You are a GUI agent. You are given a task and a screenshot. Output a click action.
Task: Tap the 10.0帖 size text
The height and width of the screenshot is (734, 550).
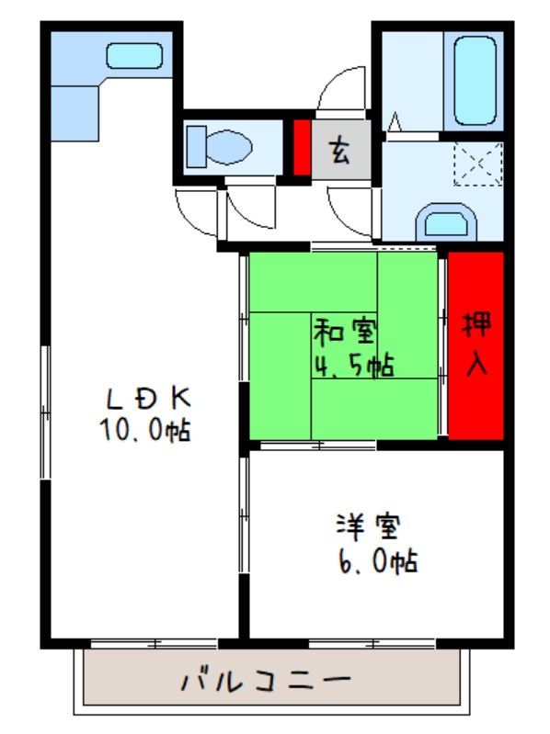pyautogui.click(x=147, y=428)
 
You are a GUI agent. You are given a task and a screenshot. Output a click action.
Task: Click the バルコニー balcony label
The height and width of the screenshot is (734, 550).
pyautogui.click(x=266, y=682)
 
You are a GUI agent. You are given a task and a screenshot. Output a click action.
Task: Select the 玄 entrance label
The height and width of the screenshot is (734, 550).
pyautogui.click(x=340, y=148)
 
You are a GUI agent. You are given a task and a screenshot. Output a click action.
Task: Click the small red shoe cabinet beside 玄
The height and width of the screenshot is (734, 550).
pyautogui.click(x=301, y=147)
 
